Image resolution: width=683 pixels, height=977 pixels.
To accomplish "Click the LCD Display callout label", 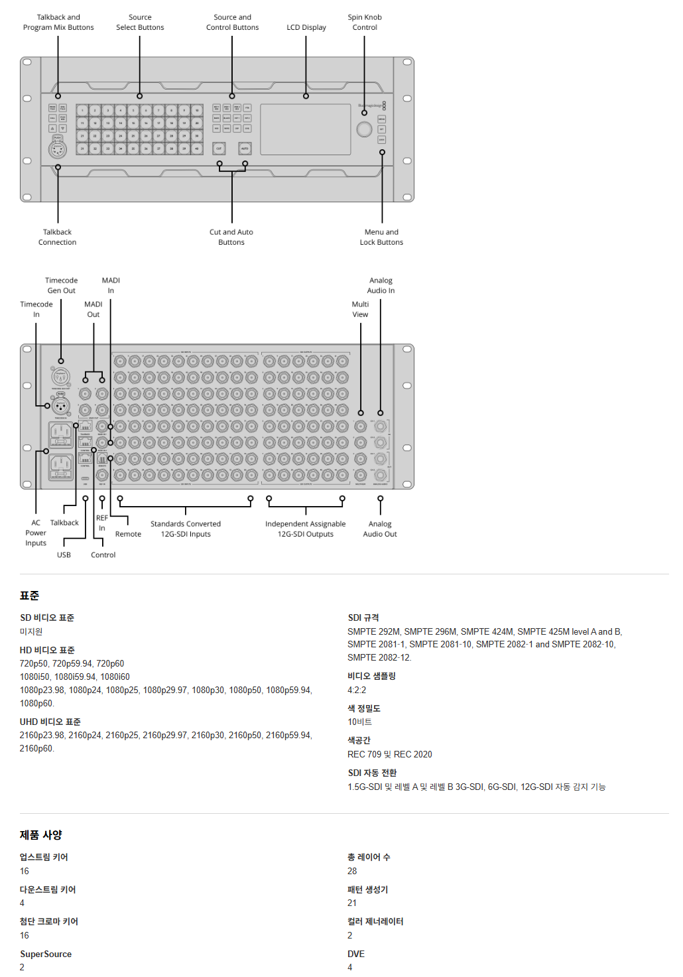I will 306,27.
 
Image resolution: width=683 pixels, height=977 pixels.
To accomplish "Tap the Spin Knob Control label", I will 365,23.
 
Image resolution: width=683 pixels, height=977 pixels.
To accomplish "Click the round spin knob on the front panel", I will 364,129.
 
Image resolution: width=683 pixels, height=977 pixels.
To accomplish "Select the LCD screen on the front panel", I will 305,129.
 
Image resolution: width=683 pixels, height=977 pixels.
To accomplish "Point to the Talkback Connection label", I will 57,237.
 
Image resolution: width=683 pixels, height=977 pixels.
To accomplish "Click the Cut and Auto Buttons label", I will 231,237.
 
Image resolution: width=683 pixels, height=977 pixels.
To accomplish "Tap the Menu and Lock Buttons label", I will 381,237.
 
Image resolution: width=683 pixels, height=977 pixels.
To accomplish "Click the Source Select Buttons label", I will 140,23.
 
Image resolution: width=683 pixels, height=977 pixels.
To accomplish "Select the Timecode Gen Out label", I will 61,286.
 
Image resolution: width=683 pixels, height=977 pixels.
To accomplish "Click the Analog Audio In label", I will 381,286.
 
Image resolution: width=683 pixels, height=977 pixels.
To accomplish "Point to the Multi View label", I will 360,310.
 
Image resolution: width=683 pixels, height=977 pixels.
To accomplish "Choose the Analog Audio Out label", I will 380,529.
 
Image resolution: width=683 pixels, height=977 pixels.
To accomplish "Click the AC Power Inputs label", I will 36,533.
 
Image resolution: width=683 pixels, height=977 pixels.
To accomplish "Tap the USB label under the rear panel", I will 64,555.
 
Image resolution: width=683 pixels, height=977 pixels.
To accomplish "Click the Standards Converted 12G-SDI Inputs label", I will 186,529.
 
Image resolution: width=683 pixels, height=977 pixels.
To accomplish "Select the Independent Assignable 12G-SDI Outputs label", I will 305,529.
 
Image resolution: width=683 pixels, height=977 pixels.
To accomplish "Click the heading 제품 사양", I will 41,835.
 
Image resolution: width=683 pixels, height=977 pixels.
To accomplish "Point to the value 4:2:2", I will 357,690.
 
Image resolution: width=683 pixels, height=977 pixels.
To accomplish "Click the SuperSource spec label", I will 46,954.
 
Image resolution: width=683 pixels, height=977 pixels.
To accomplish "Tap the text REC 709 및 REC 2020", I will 389,755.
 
